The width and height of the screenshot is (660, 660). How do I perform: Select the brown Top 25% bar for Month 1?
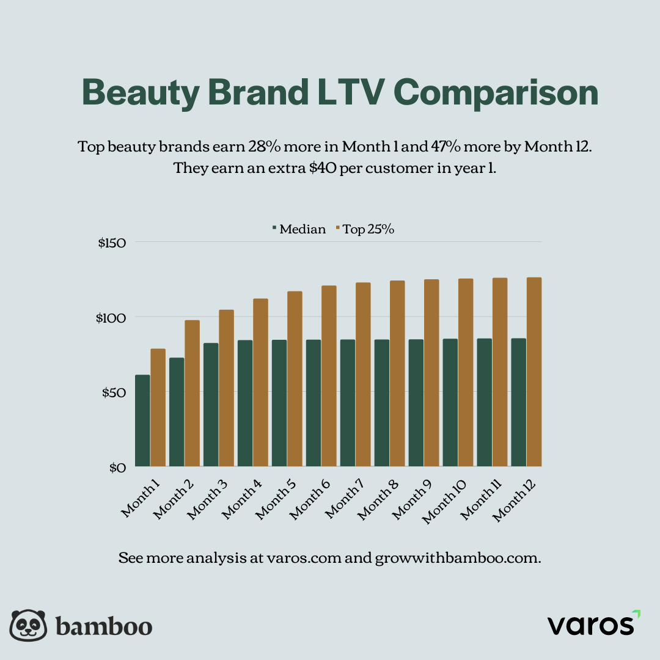[x=158, y=408]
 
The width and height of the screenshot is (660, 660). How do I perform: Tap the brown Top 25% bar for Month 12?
[x=534, y=372]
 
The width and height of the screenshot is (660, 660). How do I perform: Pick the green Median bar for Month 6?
[x=313, y=403]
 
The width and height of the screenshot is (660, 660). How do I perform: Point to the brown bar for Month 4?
[x=261, y=383]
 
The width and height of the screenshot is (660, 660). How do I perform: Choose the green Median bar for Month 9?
[x=416, y=403]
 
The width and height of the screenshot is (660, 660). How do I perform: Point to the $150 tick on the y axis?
[x=112, y=243]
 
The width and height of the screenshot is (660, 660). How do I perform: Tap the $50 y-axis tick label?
[x=113, y=392]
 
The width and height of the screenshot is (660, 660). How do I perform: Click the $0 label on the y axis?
[x=117, y=468]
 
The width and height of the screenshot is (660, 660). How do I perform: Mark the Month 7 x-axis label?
[x=346, y=499]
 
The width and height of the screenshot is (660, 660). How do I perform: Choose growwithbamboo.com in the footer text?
[x=458, y=558]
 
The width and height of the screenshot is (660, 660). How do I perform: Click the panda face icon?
[x=29, y=626]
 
